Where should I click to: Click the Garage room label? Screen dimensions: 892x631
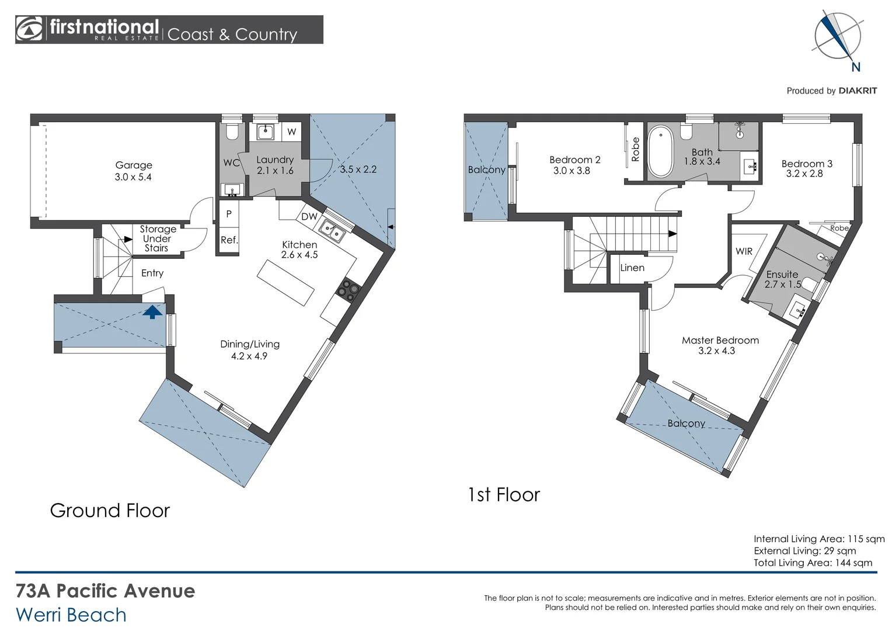[x=134, y=165]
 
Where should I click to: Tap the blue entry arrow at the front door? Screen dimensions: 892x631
[x=152, y=311]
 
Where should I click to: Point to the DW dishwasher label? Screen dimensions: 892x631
[x=309, y=216]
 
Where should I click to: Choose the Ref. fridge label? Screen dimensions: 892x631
[x=229, y=240]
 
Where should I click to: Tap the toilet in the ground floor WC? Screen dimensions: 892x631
[x=231, y=131]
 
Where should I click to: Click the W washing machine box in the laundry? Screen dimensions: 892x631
[x=291, y=132]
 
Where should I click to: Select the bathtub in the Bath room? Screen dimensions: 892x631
[x=661, y=151]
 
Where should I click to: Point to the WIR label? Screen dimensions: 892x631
[x=744, y=251]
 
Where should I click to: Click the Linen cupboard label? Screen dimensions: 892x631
[x=632, y=268]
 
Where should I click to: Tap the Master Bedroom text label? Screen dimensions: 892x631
[x=720, y=341]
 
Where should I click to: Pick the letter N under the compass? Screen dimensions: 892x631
[x=856, y=67]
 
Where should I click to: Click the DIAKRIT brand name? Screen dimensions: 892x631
[x=858, y=91]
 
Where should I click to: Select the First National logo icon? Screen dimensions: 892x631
[x=29, y=29]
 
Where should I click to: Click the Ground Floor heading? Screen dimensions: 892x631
[x=110, y=511]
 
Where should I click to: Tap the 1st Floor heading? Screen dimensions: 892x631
[x=504, y=495]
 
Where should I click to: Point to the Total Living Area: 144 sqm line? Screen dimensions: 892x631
[x=813, y=563]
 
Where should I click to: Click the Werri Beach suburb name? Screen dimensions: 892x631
[x=71, y=615]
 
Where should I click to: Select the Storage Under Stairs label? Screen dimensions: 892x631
[x=157, y=238]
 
